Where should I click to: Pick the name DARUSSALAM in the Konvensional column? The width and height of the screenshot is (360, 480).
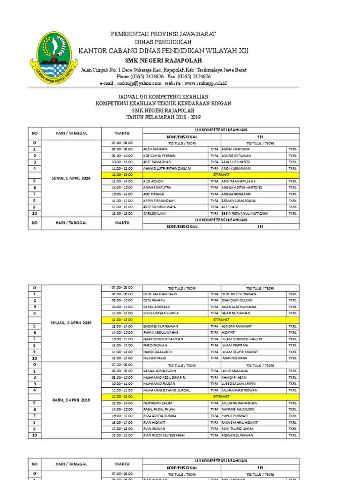click(155, 213)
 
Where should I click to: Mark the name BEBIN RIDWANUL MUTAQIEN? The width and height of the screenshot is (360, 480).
click(245, 213)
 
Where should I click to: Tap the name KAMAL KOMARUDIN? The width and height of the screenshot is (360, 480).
click(159, 371)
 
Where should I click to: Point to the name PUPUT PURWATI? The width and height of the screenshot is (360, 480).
click(234, 416)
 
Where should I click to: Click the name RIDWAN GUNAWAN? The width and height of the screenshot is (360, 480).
click(238, 435)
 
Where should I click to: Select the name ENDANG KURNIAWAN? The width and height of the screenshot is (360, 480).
click(160, 326)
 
